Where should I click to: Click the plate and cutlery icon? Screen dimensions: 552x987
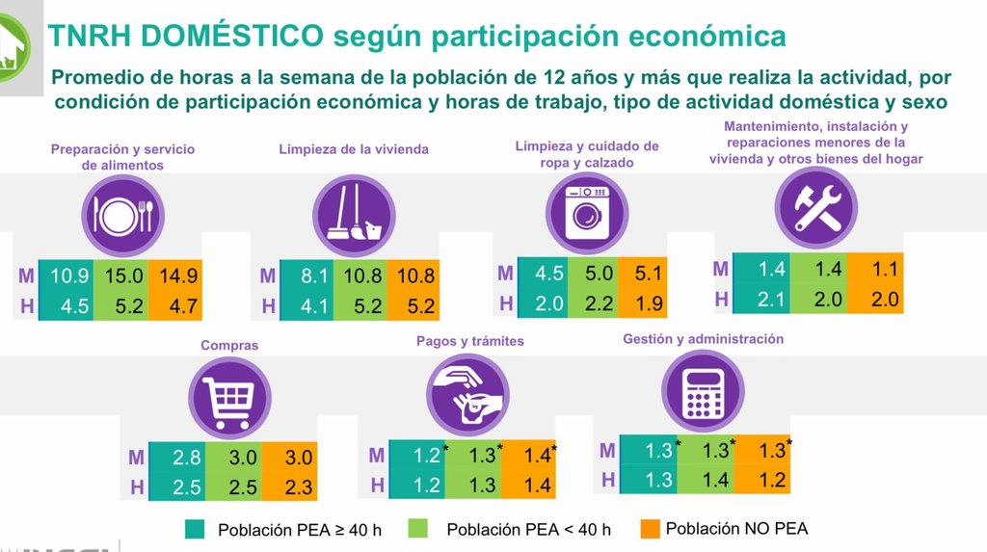tap(122, 212)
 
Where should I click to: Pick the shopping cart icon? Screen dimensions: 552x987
tap(228, 397)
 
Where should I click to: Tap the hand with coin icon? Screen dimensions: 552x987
tap(467, 395)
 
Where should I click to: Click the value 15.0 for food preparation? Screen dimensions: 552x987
tap(124, 276)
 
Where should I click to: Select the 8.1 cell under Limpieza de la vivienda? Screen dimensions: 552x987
tap(315, 276)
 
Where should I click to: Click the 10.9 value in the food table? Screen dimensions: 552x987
tap(69, 276)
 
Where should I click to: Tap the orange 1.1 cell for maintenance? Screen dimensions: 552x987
tap(876, 270)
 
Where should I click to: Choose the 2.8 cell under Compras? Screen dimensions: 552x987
tap(187, 458)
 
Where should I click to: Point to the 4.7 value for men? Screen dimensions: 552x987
tap(178, 307)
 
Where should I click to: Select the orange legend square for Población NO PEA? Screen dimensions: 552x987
tap(650, 528)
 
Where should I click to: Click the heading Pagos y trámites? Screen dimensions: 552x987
tap(470, 341)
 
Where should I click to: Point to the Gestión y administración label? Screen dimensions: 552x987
tap(703, 339)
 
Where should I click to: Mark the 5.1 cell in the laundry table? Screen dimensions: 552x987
tap(643, 274)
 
